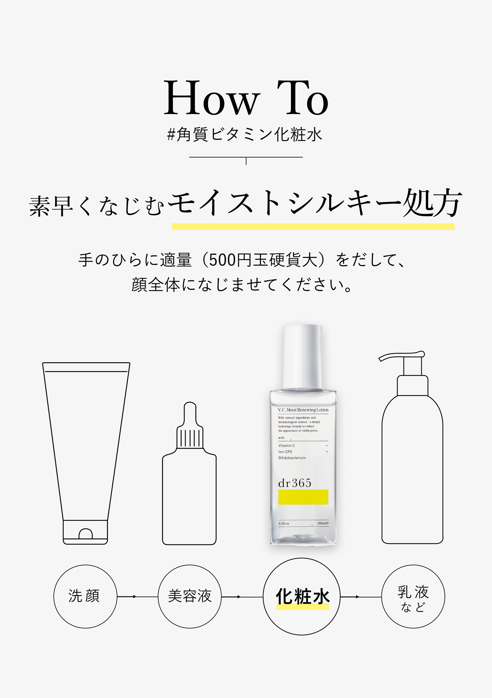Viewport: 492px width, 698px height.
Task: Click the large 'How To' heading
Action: click(x=246, y=98)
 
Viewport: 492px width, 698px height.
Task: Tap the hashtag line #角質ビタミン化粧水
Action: click(x=245, y=135)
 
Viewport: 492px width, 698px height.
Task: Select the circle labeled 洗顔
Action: click(x=85, y=596)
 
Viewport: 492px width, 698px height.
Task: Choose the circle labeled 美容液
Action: click(x=190, y=596)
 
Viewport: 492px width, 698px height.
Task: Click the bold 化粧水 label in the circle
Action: click(x=302, y=596)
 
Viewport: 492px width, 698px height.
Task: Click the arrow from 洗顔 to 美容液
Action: click(x=137, y=597)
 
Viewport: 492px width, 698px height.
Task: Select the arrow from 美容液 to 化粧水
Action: click(x=242, y=597)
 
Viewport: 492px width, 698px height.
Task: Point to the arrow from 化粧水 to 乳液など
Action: click(x=360, y=597)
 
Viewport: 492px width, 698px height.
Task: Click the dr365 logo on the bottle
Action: click(x=295, y=483)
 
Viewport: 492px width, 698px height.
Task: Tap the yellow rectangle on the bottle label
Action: click(x=303, y=497)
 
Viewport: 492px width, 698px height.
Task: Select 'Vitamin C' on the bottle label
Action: click(x=287, y=445)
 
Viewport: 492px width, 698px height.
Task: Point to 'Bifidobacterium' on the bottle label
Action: click(x=292, y=458)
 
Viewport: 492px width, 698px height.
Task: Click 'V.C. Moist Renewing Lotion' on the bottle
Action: click(x=303, y=410)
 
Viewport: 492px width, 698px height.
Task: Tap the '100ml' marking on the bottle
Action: click(x=323, y=523)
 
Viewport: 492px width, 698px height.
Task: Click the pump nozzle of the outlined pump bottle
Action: click(x=401, y=356)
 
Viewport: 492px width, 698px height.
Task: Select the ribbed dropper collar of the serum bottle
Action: click(x=190, y=437)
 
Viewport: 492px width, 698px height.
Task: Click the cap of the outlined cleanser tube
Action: click(x=85, y=532)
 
